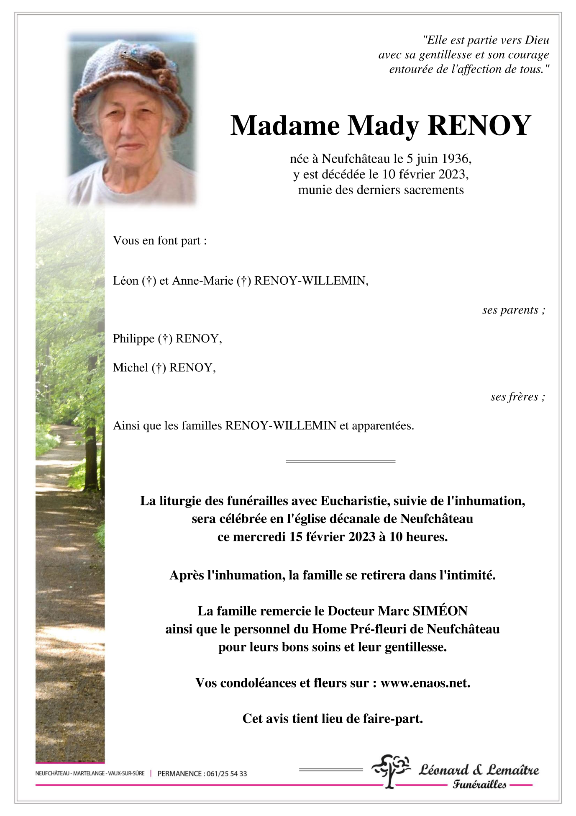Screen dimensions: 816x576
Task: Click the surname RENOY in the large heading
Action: tap(479, 126)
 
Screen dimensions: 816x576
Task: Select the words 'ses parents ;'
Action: tap(513, 310)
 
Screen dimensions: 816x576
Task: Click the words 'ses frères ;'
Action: tap(517, 397)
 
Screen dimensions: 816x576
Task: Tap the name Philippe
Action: tap(133, 339)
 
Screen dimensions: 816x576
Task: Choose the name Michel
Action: tap(131, 368)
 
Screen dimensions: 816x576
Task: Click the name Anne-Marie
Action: tap(202, 281)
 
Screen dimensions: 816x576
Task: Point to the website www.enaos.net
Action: tap(425, 683)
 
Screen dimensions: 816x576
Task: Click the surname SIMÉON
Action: tap(440, 611)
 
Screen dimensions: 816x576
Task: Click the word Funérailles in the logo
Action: tap(479, 785)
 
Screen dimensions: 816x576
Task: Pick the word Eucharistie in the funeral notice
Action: tap(355, 501)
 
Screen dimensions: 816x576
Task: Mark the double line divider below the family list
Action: tap(340, 461)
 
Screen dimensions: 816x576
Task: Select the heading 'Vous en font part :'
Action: tap(160, 241)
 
